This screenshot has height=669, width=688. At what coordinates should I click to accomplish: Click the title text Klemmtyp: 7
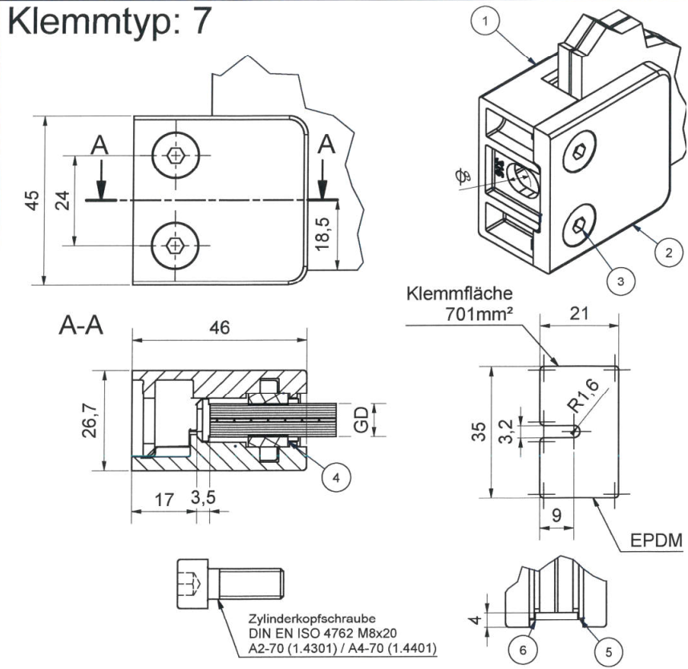pos(109,22)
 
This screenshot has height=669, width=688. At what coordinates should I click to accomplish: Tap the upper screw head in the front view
pos(174,154)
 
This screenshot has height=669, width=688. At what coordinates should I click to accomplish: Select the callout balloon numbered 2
pos(665,252)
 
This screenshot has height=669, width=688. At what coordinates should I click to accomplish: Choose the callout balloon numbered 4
pos(337,476)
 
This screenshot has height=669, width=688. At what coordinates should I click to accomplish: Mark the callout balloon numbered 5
pos(607,651)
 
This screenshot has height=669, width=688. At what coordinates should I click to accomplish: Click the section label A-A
pos(83,326)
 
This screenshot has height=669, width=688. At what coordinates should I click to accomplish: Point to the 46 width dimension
pos(219,329)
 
